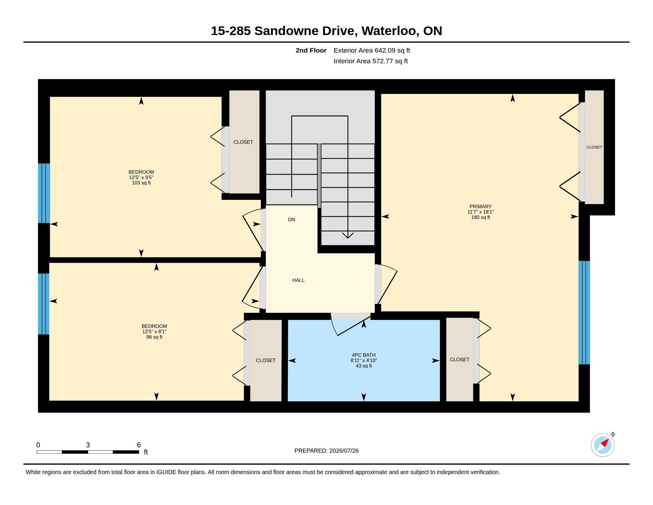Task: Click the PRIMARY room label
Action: [x=480, y=206]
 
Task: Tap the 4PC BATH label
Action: [x=364, y=355]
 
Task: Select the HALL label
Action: [x=298, y=280]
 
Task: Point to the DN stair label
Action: [x=291, y=220]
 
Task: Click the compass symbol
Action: [x=603, y=445]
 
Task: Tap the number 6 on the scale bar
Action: [x=139, y=445]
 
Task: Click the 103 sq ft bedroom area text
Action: [x=141, y=183]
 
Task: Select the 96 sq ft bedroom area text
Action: [x=154, y=337]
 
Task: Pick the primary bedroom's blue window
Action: [x=584, y=313]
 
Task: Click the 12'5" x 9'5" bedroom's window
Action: [x=44, y=193]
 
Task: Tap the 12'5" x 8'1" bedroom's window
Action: [x=44, y=304]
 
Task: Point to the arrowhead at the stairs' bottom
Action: [x=348, y=236]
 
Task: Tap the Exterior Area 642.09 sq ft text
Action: [x=372, y=50]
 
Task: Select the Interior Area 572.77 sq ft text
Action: [x=370, y=61]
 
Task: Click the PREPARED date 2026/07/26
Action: [x=344, y=451]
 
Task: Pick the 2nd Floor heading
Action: [x=311, y=50]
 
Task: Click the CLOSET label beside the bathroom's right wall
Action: [x=459, y=359]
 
